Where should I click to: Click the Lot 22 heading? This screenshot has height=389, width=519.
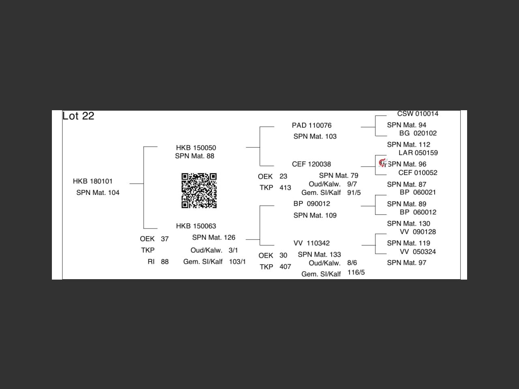click(x=78, y=116)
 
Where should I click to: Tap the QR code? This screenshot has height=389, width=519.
click(x=199, y=190)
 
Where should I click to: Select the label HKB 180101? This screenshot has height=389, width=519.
click(x=93, y=181)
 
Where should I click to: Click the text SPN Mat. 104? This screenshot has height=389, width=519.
click(x=98, y=192)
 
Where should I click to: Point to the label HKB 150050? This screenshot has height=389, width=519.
click(x=196, y=148)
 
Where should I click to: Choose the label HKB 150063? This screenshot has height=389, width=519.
click(x=196, y=226)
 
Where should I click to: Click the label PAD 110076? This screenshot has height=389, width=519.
click(x=311, y=125)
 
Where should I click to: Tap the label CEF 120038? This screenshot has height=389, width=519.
click(x=311, y=164)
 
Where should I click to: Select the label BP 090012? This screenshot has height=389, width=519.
click(x=311, y=203)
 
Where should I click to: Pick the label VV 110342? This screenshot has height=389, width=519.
click(x=311, y=243)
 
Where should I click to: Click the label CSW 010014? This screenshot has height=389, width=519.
click(x=418, y=114)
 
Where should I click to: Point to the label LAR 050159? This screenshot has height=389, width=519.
click(x=418, y=153)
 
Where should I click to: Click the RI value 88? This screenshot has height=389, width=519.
click(x=165, y=262)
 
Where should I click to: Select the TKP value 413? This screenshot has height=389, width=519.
click(x=285, y=188)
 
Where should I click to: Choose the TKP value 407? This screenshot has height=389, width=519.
click(x=285, y=267)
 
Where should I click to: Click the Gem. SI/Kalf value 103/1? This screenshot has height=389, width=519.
click(x=237, y=262)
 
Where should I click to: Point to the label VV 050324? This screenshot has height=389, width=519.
click(x=418, y=252)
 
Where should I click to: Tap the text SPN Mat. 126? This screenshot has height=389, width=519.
click(x=214, y=237)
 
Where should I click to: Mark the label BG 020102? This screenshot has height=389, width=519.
click(x=418, y=133)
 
